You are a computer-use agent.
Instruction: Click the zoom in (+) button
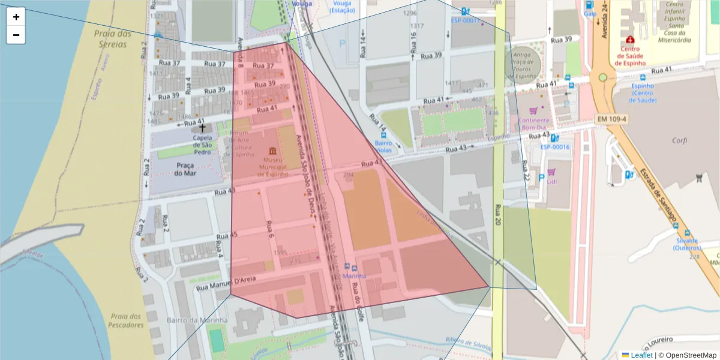click(16, 17)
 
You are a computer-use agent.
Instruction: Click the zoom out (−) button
click(16, 35)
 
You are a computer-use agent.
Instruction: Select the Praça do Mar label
click(185, 169)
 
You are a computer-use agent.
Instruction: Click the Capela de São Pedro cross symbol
click(202, 128)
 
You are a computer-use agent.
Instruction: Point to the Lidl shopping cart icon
click(551, 172)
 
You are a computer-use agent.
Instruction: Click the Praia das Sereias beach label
click(113, 38)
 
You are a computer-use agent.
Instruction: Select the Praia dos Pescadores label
click(126, 320)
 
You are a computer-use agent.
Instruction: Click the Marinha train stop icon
click(354, 268)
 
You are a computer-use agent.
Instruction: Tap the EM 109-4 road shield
click(611, 119)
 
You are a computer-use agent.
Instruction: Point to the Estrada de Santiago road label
click(658, 192)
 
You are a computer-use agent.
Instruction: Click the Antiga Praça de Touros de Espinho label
click(521, 65)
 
